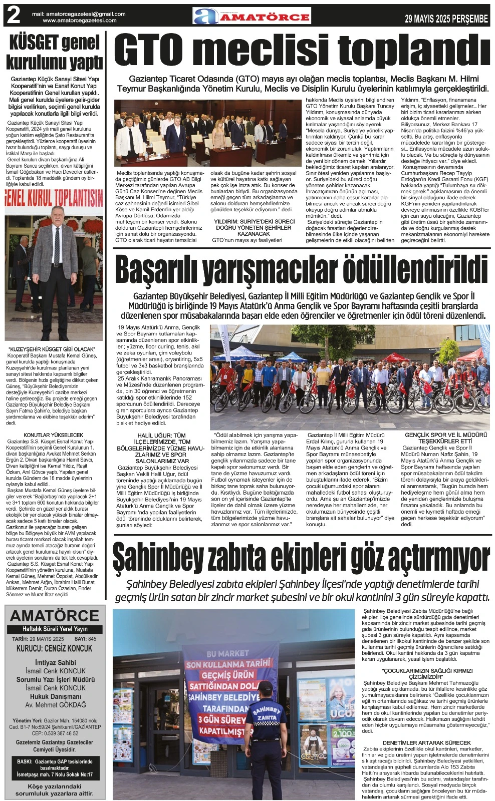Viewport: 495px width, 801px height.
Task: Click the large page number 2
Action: point(13,17)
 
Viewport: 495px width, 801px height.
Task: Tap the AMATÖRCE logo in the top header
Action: point(252,17)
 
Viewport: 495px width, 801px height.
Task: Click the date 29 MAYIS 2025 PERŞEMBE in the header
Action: point(446,19)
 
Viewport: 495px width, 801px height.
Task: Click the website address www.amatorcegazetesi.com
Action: point(80,21)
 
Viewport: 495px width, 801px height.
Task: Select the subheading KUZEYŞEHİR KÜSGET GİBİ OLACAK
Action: point(52,349)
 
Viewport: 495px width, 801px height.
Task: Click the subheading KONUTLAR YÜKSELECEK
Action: point(54,435)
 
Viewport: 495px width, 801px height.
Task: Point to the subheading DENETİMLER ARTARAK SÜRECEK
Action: point(426,742)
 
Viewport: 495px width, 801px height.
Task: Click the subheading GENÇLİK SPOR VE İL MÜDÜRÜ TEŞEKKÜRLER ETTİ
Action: point(445,438)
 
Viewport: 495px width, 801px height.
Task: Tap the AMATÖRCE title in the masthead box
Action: point(55,616)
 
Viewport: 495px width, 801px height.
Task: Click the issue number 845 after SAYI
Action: point(92,639)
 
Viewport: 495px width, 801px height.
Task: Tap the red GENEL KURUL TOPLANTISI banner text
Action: point(54,198)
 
